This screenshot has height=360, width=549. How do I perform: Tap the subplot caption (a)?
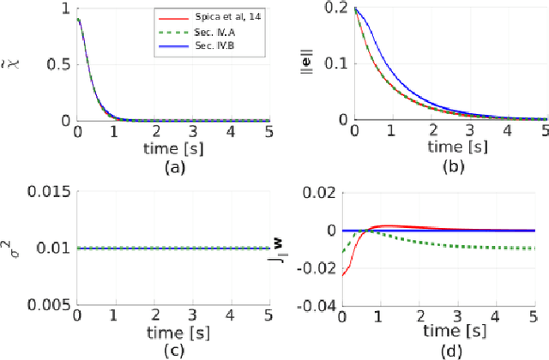(174, 167)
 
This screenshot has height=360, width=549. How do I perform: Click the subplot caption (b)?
(450, 167)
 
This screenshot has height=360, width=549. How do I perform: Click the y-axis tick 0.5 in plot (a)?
(57, 65)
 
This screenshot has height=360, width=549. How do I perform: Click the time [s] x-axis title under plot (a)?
(174, 148)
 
